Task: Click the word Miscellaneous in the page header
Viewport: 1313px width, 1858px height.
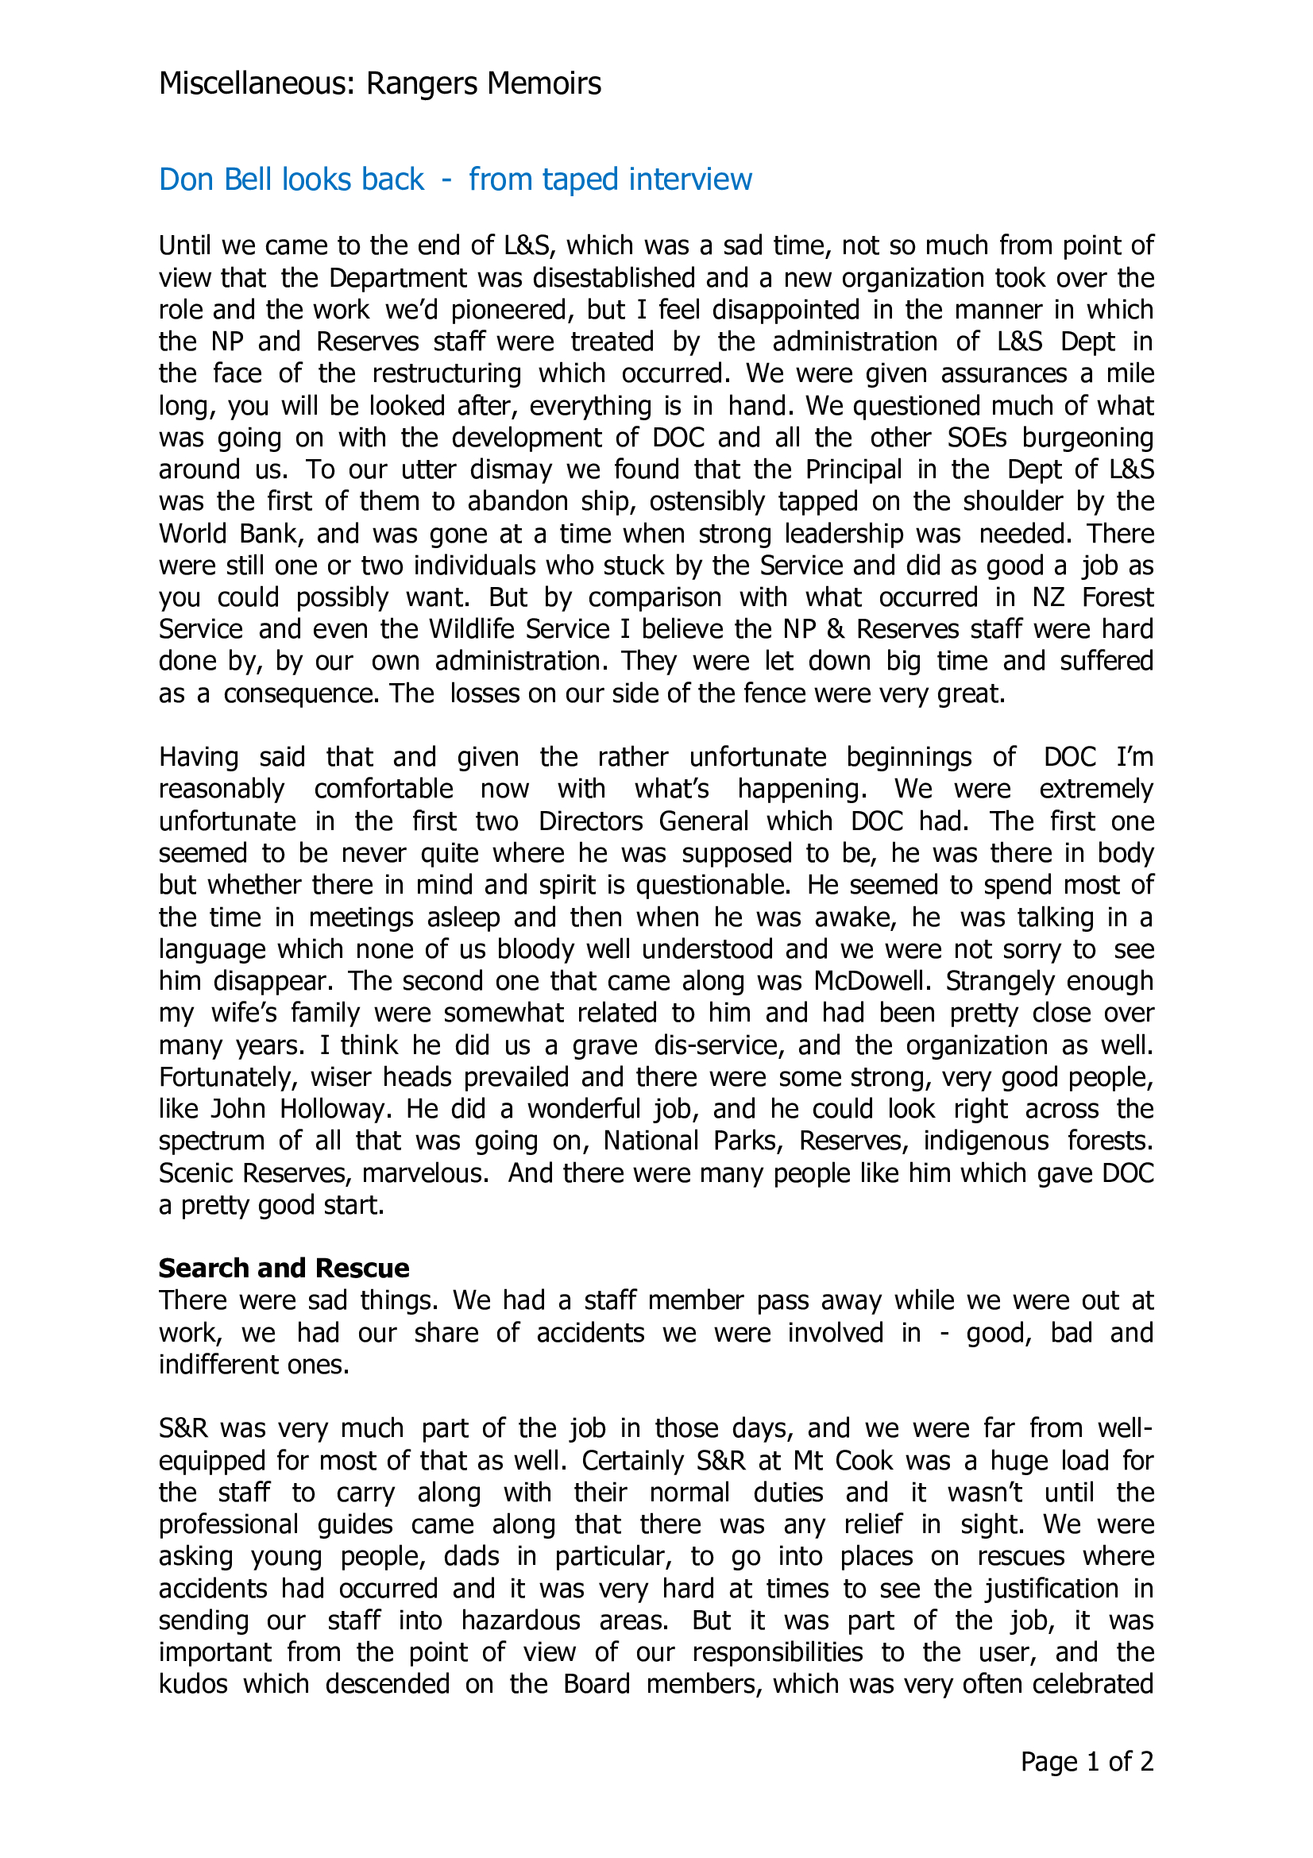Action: (257, 84)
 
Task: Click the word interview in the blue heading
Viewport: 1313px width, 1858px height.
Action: (691, 180)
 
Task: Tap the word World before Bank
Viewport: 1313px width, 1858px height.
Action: (191, 534)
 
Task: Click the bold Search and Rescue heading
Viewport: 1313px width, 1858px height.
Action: (284, 1268)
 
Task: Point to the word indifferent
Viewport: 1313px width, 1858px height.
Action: (213, 1365)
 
